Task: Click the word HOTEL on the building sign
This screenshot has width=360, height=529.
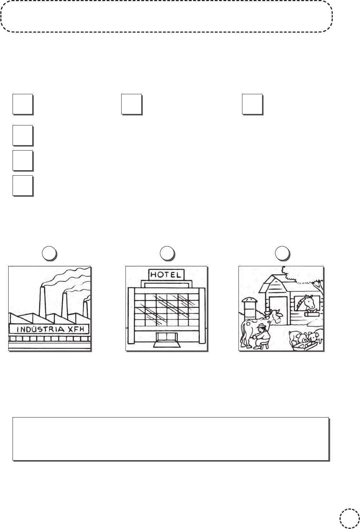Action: click(x=166, y=275)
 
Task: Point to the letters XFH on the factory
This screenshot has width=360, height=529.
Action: click(x=76, y=329)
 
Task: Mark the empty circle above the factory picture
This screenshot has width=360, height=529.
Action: click(x=49, y=253)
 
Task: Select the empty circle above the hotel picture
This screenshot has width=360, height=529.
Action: click(x=167, y=253)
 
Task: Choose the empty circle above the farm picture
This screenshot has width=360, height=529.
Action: click(x=282, y=253)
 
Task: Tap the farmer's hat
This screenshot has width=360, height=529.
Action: click(x=261, y=326)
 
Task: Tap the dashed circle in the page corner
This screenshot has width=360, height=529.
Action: click(x=350, y=519)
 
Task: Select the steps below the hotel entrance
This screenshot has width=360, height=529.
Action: click(x=167, y=344)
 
